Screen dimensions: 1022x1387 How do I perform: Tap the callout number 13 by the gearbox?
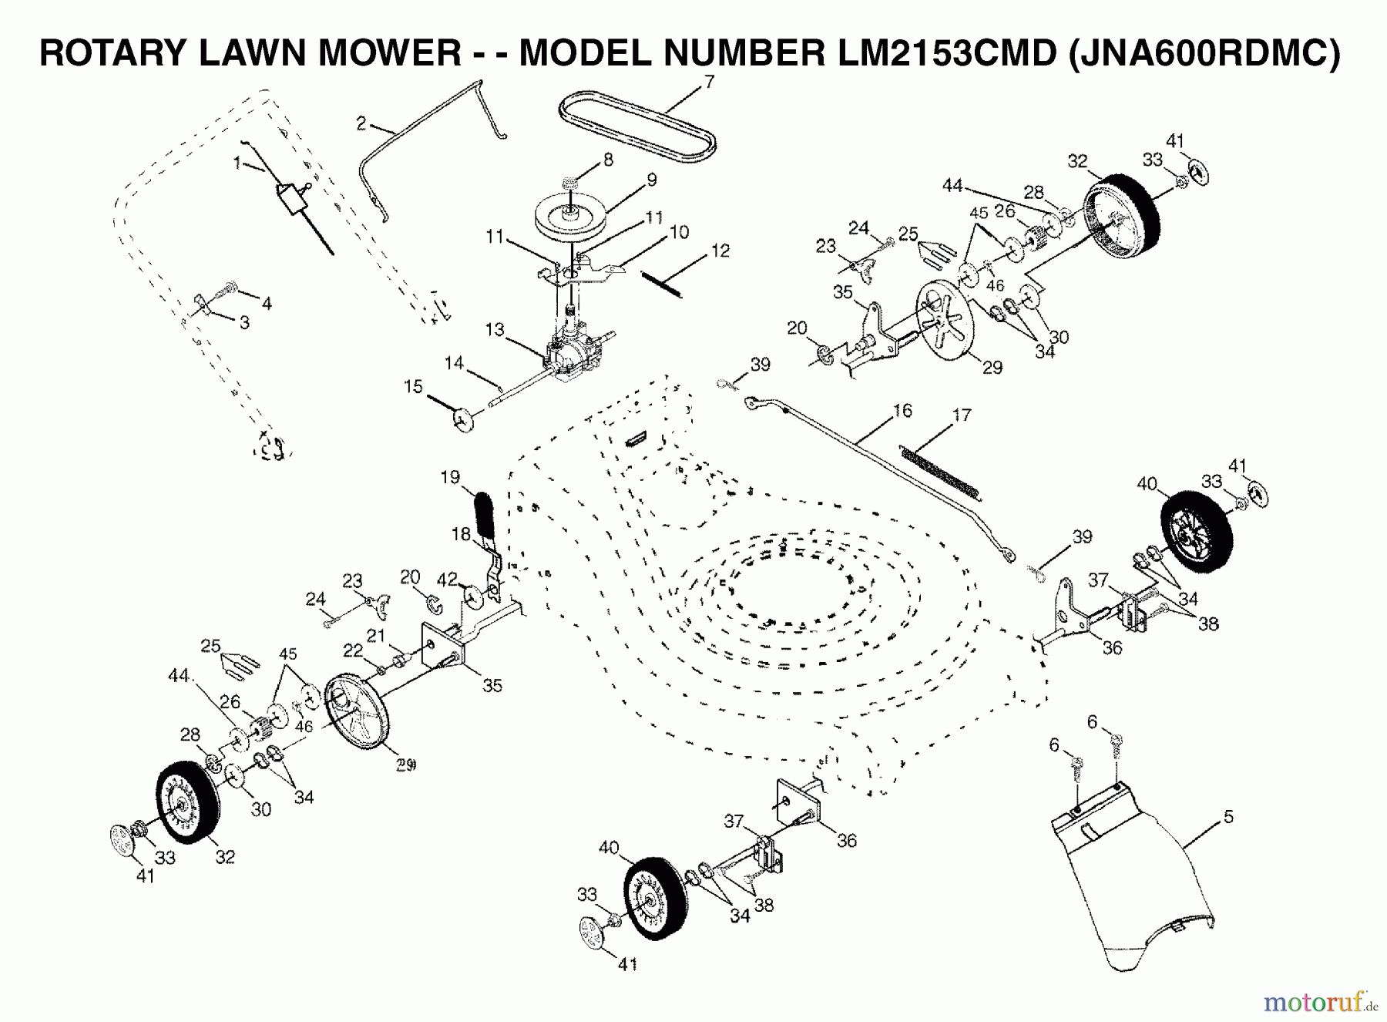point(495,330)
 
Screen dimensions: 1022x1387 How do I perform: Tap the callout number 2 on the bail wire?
point(361,122)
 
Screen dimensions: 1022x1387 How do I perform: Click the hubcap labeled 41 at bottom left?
point(123,839)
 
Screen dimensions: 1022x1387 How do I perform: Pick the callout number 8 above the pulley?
point(609,160)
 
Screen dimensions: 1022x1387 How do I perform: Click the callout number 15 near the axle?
point(414,386)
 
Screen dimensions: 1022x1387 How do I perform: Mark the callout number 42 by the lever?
point(447,578)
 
